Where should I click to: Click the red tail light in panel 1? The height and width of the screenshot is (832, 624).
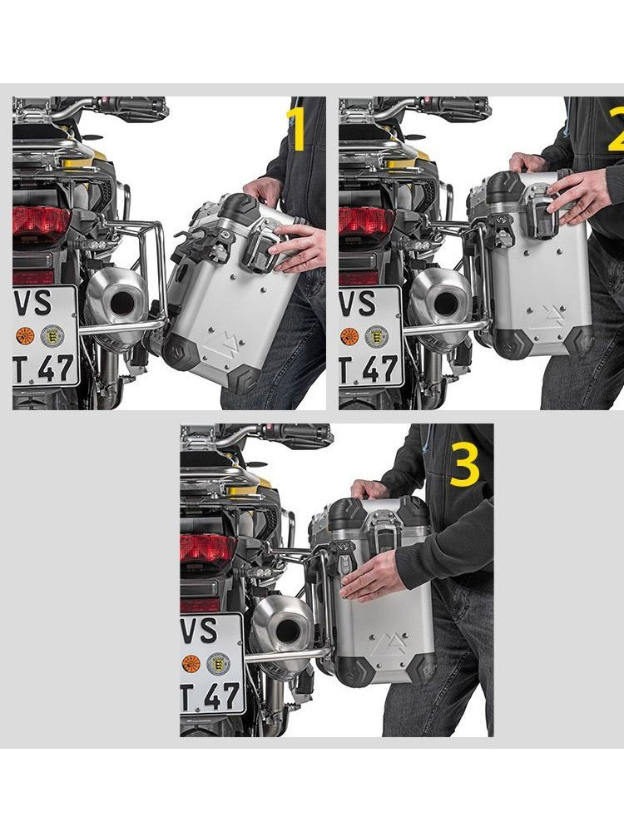[x=41, y=222]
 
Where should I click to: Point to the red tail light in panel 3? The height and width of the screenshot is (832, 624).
[x=208, y=550]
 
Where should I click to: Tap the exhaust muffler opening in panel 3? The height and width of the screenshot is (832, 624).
[x=288, y=630]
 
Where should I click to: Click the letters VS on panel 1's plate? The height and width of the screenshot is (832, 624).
[x=33, y=304]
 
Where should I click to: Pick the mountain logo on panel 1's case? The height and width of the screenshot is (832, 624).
[x=217, y=341]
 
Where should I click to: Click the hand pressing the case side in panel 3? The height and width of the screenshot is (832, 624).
[x=374, y=574]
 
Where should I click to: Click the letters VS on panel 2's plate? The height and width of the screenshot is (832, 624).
[x=357, y=304]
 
